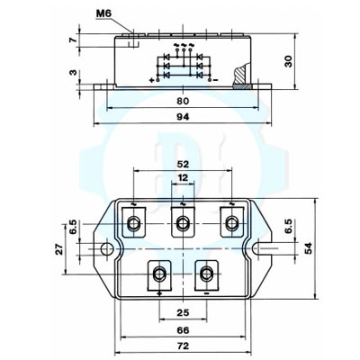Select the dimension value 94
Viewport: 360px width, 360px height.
coord(182,118)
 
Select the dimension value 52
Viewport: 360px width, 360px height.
coord(183,165)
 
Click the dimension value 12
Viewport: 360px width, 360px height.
coord(183,179)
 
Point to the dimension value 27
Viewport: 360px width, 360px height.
coord(60,249)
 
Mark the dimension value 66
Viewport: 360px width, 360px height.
coord(184,330)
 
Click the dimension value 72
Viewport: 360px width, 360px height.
coord(184,346)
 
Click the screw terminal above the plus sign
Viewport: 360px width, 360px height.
coord(160,273)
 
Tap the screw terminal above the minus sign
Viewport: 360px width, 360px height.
coord(208,273)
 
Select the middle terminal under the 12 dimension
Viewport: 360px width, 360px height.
coord(184,221)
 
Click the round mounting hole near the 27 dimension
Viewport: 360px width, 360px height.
coord(107,247)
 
